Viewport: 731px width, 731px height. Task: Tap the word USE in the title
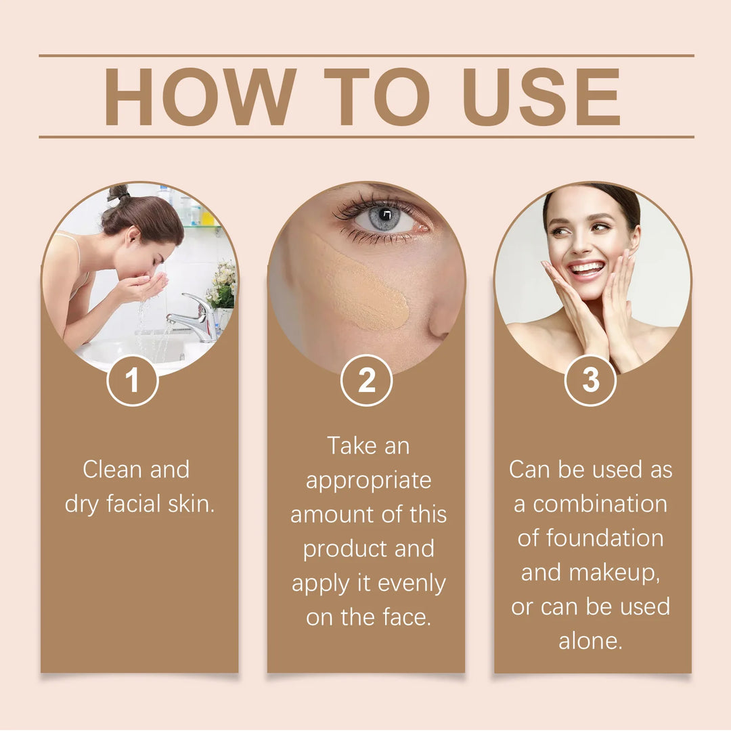tap(541, 97)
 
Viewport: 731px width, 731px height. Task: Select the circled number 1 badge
tap(133, 380)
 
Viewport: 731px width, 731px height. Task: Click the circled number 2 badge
tap(366, 380)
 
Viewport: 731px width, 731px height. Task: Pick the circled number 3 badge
tap(590, 380)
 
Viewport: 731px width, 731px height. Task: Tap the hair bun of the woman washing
tap(119, 194)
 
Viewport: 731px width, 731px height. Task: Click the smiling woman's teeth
tap(585, 268)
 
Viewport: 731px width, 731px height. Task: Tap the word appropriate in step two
tap(368, 481)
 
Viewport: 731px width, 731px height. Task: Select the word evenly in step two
tap(414, 583)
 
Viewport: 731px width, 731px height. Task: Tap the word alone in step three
tap(590, 642)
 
